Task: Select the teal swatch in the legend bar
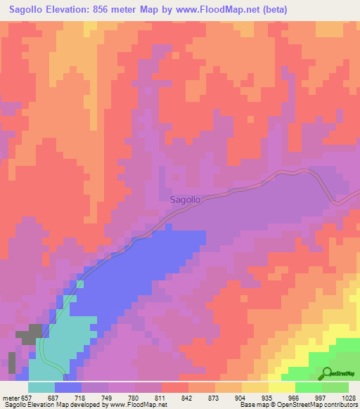click(41, 387)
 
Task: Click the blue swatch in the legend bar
click(68, 387)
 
